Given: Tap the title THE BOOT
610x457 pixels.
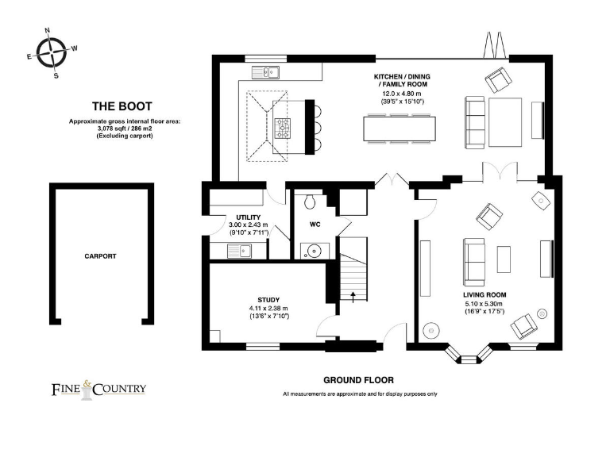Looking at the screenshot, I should point(122,106).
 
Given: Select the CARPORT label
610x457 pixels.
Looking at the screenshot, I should point(100,256).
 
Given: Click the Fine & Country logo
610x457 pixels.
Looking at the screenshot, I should point(98,389).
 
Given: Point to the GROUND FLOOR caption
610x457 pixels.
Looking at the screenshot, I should point(358,380).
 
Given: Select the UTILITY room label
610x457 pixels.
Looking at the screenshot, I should point(248,217).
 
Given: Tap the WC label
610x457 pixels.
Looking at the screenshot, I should point(315,225).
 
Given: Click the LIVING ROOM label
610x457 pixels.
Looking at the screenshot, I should point(485,294).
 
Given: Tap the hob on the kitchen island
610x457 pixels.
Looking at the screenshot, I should point(284,127).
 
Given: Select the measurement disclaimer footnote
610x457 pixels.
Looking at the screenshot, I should point(359,394).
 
